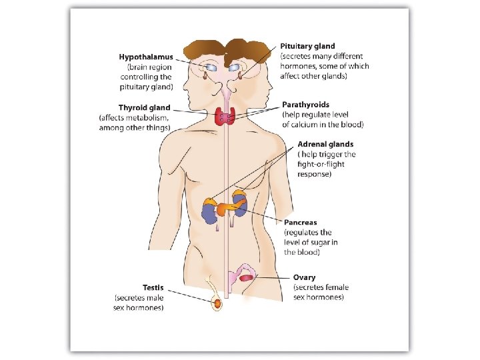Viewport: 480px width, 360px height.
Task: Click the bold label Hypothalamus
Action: (x=145, y=57)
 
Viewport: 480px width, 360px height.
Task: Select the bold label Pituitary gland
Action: (x=307, y=46)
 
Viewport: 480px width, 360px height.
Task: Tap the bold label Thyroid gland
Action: (x=144, y=108)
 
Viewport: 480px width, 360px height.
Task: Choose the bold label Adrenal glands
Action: (x=325, y=144)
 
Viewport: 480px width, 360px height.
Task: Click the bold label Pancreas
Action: (x=301, y=223)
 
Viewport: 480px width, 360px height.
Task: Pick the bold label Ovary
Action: (x=305, y=277)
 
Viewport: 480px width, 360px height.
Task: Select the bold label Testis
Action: (x=153, y=287)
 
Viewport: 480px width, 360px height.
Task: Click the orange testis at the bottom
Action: (x=218, y=304)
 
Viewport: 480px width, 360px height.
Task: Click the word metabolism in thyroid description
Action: (x=150, y=118)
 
